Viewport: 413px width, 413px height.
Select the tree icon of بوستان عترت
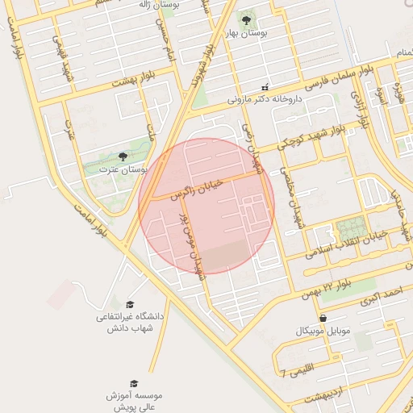click(x=123, y=156)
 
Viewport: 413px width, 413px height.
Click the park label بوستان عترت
click(x=123, y=171)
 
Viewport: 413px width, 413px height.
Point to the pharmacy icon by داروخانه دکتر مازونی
click(x=265, y=87)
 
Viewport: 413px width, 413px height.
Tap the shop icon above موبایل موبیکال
click(x=323, y=319)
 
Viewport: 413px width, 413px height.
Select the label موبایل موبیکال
click(x=323, y=332)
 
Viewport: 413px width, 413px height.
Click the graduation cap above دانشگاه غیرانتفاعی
click(x=130, y=304)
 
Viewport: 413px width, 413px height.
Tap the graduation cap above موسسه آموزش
click(x=134, y=383)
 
